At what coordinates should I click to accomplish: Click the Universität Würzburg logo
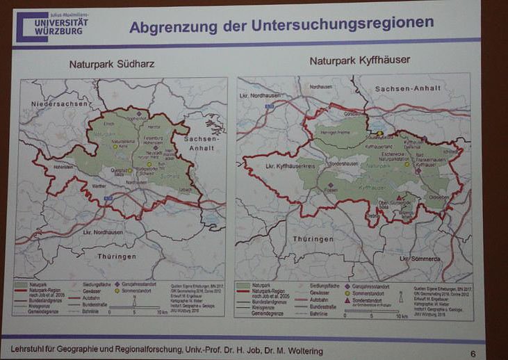(52, 26)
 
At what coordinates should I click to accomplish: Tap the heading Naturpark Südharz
(111, 65)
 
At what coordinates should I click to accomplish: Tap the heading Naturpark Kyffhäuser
(359, 60)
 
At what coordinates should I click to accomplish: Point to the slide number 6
(473, 353)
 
